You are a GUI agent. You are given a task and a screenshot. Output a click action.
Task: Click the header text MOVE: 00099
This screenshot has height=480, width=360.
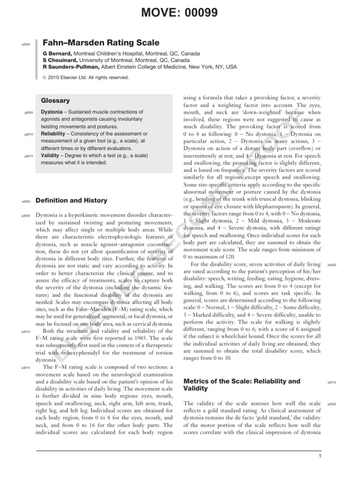pos(180,13)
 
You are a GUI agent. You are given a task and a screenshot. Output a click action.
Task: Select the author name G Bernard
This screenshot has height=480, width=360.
pos(57,53)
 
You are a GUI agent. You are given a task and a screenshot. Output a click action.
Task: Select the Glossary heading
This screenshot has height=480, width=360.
pos(55,100)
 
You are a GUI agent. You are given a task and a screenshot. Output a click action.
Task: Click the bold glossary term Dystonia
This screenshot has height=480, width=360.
pos(51,112)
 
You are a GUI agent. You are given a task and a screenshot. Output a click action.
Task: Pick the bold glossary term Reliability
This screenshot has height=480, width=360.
pos(53,134)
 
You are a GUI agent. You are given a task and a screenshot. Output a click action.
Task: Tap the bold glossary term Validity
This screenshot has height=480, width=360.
pos(50,155)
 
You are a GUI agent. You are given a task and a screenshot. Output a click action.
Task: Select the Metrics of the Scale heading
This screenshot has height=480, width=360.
pos(242,381)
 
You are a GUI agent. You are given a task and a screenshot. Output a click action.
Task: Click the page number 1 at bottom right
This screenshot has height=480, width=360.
pos(319,456)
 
